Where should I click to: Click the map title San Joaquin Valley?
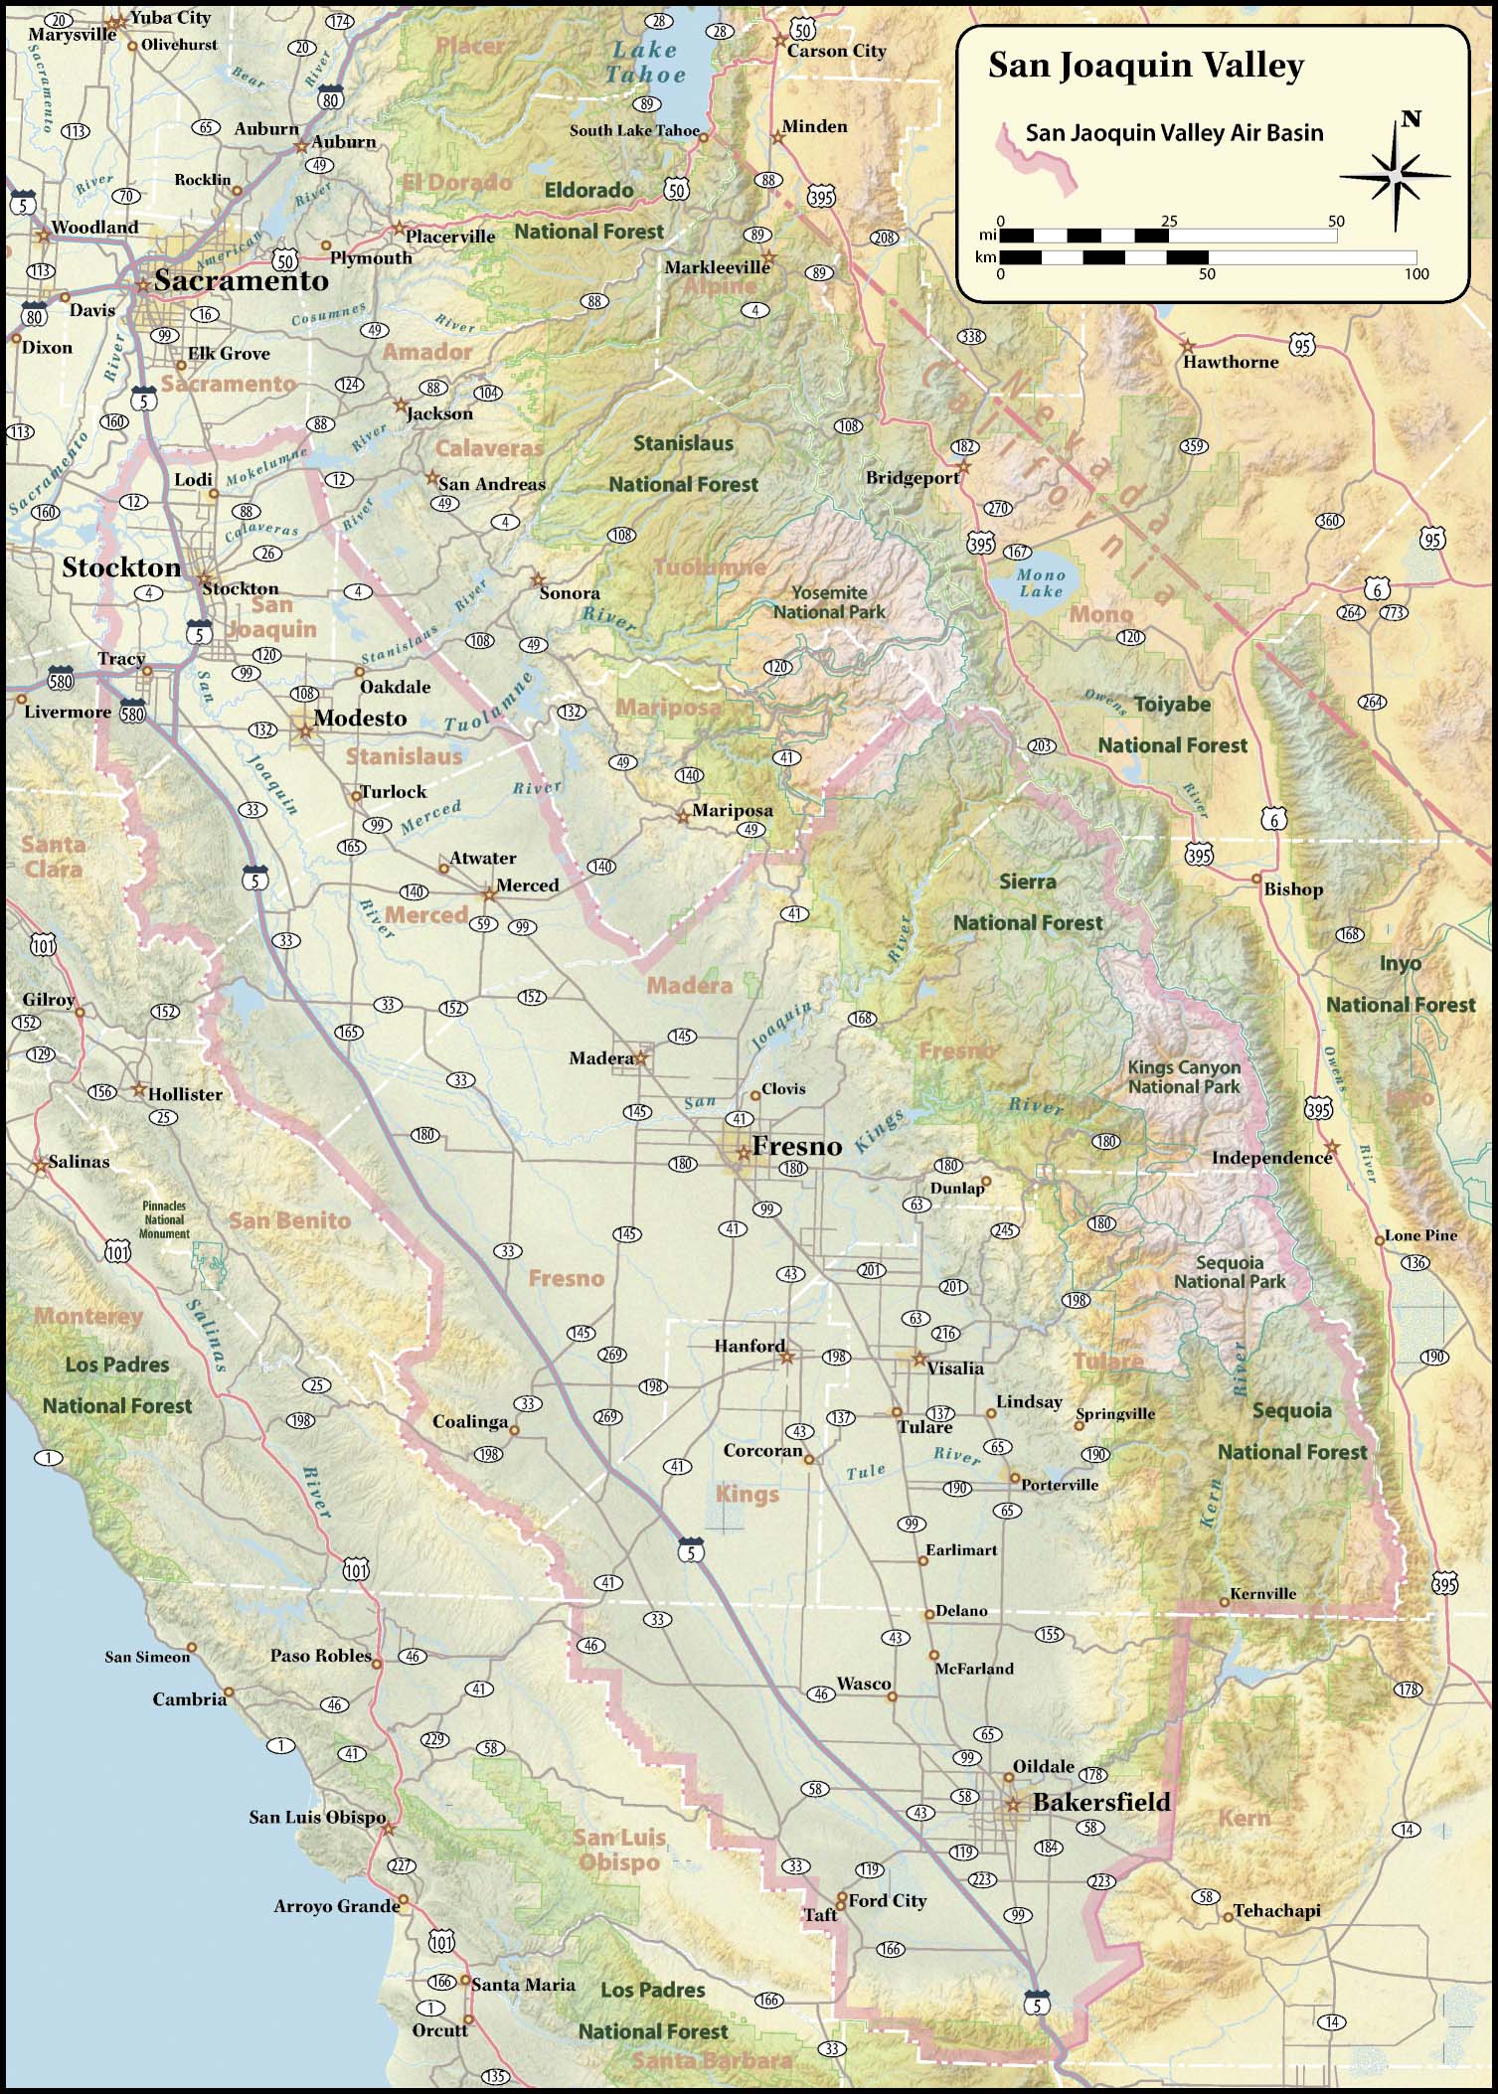1145,67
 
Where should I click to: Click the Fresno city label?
796,1146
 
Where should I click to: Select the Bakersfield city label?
1101,1802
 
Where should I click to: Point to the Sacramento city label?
241,281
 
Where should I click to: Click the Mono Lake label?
1041,582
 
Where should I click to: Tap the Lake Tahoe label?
646,62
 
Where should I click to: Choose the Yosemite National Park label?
829,602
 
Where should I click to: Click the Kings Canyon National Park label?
1183,1077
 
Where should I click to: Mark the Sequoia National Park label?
1230,1272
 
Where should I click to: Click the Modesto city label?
360,719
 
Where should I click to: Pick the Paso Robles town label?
320,1656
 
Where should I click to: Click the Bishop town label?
1292,889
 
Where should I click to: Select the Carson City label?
836,51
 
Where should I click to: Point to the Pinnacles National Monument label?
164,1219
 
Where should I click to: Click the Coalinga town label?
470,1421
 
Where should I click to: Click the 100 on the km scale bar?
1415,273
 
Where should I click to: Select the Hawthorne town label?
1230,362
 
